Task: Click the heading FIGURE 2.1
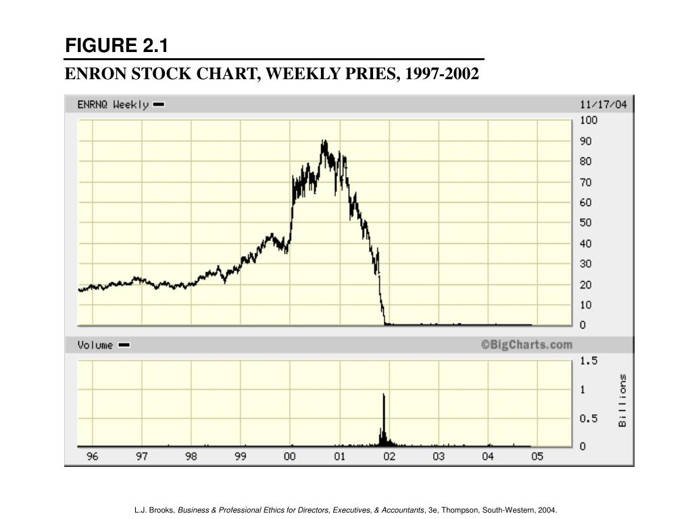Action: [x=116, y=46]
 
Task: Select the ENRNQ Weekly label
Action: [x=113, y=105]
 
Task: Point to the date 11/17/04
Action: [x=604, y=104]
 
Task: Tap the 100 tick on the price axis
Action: [x=588, y=120]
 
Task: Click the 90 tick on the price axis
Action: [x=585, y=141]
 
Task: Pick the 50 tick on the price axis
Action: [x=585, y=223]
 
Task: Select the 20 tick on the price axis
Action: [x=585, y=285]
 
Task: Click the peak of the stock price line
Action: [x=324, y=141]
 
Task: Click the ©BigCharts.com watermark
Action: [x=526, y=345]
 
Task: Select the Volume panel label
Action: [x=95, y=345]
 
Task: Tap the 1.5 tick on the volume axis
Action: [x=588, y=361]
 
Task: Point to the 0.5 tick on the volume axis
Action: [x=588, y=418]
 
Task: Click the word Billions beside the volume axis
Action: [x=622, y=401]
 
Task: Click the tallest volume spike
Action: [x=384, y=395]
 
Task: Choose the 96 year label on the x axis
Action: [x=93, y=457]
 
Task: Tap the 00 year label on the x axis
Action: [x=290, y=457]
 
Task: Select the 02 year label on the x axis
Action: [x=389, y=457]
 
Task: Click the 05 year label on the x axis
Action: [x=537, y=457]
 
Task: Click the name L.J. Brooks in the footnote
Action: [x=155, y=510]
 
